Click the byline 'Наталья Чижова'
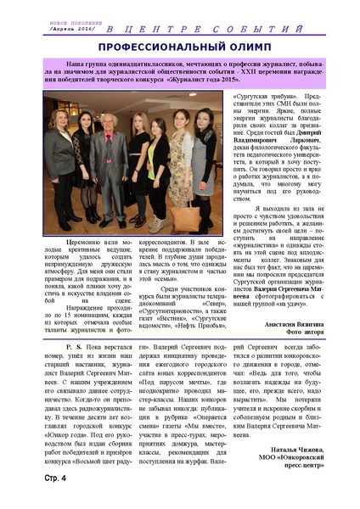pos(292,444)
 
